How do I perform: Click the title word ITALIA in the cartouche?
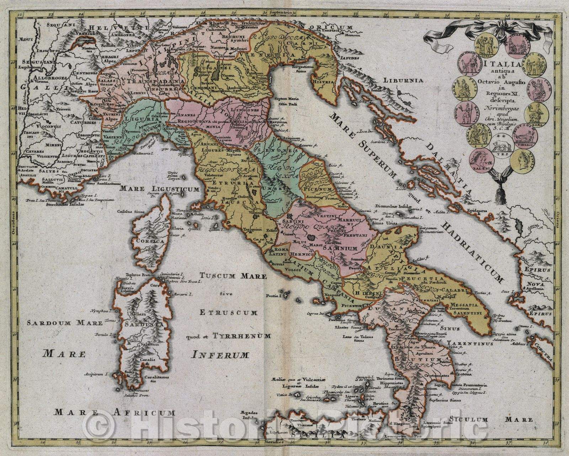pyautogui.click(x=501, y=64)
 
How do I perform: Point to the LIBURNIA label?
pyautogui.click(x=403, y=80)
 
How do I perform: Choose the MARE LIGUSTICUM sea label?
pyautogui.click(x=159, y=189)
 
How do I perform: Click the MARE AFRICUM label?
pyautogui.click(x=115, y=413)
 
